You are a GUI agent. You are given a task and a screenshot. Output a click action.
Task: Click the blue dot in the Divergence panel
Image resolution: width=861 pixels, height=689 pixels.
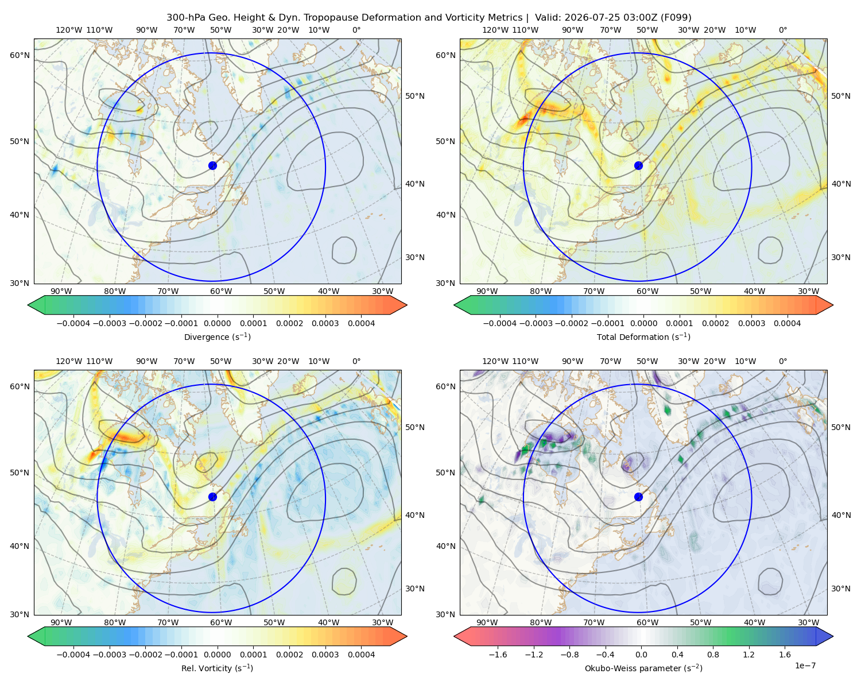point(212,166)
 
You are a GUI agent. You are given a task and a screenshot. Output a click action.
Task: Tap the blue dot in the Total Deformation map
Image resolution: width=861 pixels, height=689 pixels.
point(638,166)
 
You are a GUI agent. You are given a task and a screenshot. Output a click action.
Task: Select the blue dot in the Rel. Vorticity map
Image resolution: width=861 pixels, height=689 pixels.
point(212,497)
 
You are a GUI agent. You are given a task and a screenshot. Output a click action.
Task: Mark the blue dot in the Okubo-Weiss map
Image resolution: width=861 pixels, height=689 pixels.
point(638,497)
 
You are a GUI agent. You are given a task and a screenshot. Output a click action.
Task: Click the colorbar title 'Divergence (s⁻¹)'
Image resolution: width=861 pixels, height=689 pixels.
point(217,336)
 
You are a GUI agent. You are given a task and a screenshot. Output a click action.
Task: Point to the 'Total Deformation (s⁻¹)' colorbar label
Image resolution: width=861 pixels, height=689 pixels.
point(643,336)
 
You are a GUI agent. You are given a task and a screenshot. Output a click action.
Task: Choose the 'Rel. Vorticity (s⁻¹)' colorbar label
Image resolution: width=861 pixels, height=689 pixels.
point(217,668)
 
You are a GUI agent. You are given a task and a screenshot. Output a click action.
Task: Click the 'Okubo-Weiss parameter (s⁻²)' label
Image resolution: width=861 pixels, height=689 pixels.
point(643,668)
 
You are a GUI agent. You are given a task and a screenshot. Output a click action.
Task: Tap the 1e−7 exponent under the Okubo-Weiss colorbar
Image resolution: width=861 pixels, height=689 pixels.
point(805,665)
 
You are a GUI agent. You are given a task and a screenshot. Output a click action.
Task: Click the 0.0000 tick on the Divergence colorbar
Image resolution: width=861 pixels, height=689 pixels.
point(217,323)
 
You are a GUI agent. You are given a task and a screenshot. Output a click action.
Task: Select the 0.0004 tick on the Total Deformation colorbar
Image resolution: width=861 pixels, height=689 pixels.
point(787,323)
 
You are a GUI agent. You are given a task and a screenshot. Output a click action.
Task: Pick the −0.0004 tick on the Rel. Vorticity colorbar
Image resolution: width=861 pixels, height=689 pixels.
point(73,655)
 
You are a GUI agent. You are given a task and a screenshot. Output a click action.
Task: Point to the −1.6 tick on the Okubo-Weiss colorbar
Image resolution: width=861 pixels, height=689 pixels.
point(498,655)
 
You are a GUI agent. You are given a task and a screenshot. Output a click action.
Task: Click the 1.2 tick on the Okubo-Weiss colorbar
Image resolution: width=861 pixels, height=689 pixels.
point(748,655)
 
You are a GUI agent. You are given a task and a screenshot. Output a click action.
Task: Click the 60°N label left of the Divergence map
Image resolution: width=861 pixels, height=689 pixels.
point(20,55)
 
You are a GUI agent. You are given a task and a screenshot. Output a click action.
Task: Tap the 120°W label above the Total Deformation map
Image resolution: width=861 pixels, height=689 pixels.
point(495,30)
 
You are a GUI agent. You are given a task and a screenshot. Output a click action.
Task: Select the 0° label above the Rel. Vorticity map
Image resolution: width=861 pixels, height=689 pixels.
point(356,361)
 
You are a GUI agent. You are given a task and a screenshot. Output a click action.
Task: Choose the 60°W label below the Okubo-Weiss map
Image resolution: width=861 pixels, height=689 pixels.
point(647,622)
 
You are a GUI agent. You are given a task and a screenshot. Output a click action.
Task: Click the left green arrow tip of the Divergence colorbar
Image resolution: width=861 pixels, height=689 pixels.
point(28,305)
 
